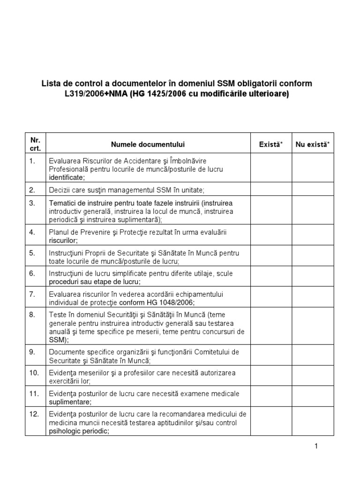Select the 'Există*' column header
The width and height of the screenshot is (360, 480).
coord(271,144)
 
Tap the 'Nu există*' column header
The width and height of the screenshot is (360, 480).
coord(313,144)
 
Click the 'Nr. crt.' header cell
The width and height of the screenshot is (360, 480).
coord(35,144)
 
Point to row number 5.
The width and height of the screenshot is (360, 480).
coord(32,253)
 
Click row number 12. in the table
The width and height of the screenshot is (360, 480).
coord(34,414)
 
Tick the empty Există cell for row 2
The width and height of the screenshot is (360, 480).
coord(271,190)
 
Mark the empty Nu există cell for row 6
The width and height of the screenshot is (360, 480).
coord(313,277)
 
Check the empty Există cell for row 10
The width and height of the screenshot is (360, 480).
coord(271,377)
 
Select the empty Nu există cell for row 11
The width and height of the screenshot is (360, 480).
coord(313,397)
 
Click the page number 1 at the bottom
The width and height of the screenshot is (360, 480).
coord(316,446)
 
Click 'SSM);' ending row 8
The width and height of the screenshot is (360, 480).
coord(59,340)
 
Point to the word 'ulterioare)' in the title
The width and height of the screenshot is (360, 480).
coord(270,94)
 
